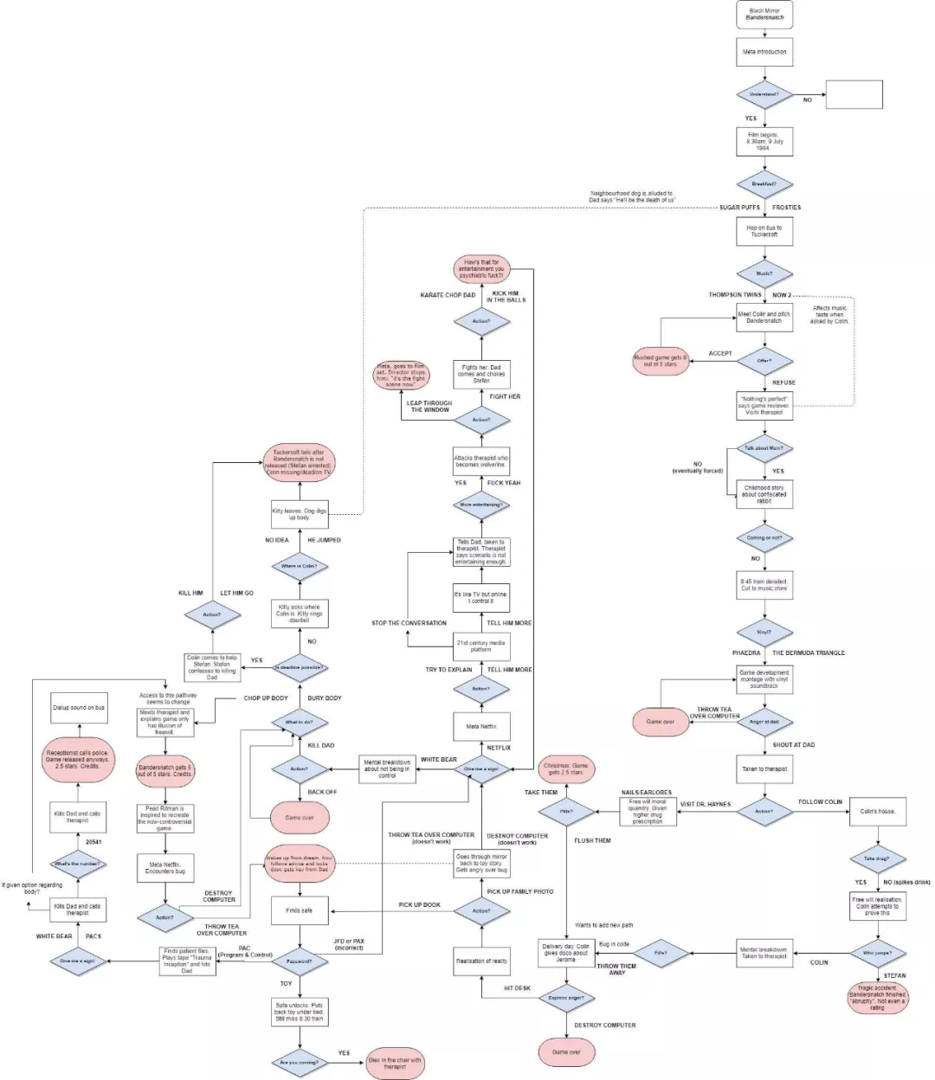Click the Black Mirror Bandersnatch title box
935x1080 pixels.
pyautogui.click(x=765, y=14)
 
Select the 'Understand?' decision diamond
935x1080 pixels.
pyautogui.click(x=764, y=94)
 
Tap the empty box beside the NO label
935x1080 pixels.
pyautogui.click(x=854, y=94)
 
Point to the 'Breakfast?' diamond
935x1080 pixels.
pyautogui.click(x=764, y=184)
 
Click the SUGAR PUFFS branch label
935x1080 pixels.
pyautogui.click(x=739, y=208)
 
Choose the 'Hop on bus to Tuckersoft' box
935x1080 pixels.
pyautogui.click(x=764, y=231)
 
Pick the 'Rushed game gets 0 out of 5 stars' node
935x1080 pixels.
pyautogui.click(x=661, y=361)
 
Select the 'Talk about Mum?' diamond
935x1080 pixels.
pyautogui.click(x=764, y=448)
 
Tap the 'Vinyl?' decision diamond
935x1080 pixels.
pyautogui.click(x=764, y=632)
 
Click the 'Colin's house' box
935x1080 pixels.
pyautogui.click(x=878, y=812)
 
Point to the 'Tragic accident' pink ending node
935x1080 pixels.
pyautogui.click(x=878, y=997)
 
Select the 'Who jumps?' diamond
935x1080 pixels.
pyautogui.click(x=878, y=953)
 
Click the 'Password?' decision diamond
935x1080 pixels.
pyautogui.click(x=300, y=961)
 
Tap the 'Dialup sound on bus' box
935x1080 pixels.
pyautogui.click(x=79, y=707)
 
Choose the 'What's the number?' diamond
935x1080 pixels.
pyautogui.click(x=78, y=864)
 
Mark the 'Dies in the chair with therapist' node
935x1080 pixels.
pyautogui.click(x=395, y=1063)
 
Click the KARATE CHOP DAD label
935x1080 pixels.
pyautogui.click(x=448, y=295)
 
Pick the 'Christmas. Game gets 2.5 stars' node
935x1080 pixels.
pyautogui.click(x=566, y=768)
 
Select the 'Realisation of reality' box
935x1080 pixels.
pyautogui.click(x=481, y=961)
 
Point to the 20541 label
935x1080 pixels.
pyautogui.click(x=93, y=842)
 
